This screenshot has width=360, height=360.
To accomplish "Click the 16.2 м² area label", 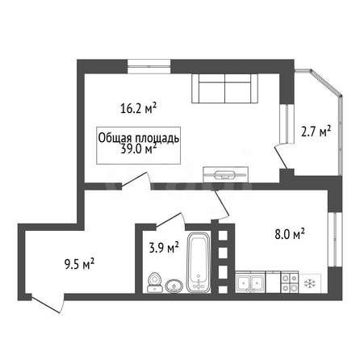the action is pos(139,108).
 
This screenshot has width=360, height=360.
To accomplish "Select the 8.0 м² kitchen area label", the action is pos(290,234).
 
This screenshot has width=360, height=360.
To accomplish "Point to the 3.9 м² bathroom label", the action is pos(164,247).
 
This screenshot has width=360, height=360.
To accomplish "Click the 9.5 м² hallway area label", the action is pos(79,264).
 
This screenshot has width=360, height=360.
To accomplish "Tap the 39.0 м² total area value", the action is pos(139,149).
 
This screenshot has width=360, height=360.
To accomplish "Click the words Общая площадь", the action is pos(139,138).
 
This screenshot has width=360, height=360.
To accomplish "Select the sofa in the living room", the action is pos(224,88).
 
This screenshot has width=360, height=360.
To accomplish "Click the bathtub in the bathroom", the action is pos(199,262).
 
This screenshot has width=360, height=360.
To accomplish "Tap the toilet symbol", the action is pos(155,283).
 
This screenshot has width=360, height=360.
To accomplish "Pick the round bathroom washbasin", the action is pos(174,287).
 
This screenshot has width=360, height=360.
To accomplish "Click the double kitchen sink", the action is pos(250,282).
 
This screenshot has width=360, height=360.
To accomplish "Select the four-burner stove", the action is pos(290,282).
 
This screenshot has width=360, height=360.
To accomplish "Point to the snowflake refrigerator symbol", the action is pos(310,283).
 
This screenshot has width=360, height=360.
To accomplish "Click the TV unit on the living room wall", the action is pos(225,174).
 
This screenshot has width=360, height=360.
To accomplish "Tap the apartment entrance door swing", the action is pos(48,303).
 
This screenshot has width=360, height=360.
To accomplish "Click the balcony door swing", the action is pos(282,157).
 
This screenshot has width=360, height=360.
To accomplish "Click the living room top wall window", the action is pos(149,66).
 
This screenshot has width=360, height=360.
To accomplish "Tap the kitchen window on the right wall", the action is pos(335,240).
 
